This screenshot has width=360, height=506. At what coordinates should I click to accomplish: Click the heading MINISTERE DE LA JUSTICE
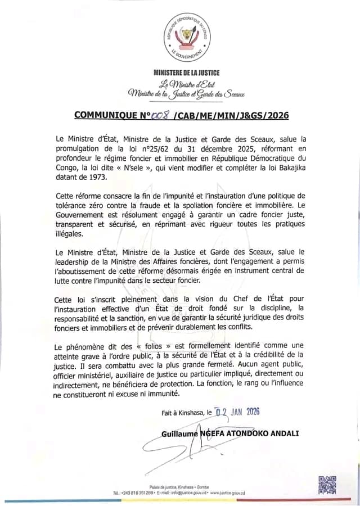[x=187, y=73]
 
